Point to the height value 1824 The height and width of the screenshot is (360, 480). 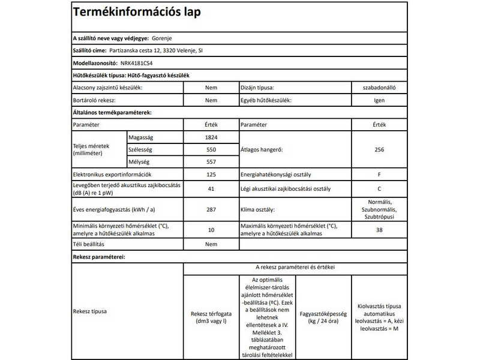click(211, 137)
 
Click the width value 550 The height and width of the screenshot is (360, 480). click(211, 149)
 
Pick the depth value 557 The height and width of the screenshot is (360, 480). click(211, 162)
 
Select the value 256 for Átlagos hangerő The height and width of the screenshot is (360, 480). click(379, 149)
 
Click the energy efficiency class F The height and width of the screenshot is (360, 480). click(379, 175)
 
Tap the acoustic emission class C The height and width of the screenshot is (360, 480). click(379, 190)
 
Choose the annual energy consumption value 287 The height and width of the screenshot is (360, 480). click(211, 209)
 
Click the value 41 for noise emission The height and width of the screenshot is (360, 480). click(211, 190)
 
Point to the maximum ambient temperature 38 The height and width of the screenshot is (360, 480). click(379, 230)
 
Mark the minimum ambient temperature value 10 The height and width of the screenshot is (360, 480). click(211, 230)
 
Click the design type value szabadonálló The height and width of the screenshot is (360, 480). click(379, 88)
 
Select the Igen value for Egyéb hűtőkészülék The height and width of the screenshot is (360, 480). click(379, 100)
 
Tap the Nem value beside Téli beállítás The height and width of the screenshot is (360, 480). click(211, 245)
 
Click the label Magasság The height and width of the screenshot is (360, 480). click(142, 137)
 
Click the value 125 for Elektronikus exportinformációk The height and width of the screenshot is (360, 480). click(211, 175)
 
